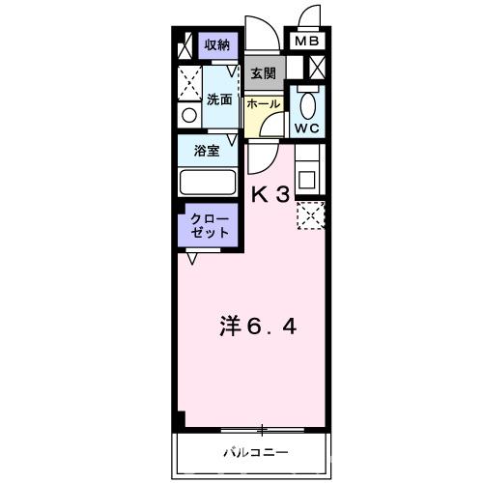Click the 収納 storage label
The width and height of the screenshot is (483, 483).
tap(216, 45)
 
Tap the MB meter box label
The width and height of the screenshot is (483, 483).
tap(306, 42)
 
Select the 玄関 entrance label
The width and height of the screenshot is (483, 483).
tap(263, 73)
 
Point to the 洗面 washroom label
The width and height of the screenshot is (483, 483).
tap(218, 99)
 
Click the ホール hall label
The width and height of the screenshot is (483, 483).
tap(263, 103)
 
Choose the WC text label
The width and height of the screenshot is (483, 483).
tap(308, 128)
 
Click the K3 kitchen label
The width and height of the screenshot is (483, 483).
tap(270, 193)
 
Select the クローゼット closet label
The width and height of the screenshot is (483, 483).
tap(210, 226)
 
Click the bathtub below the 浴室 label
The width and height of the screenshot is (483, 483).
tap(209, 183)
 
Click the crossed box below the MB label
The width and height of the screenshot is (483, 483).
tap(315, 69)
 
